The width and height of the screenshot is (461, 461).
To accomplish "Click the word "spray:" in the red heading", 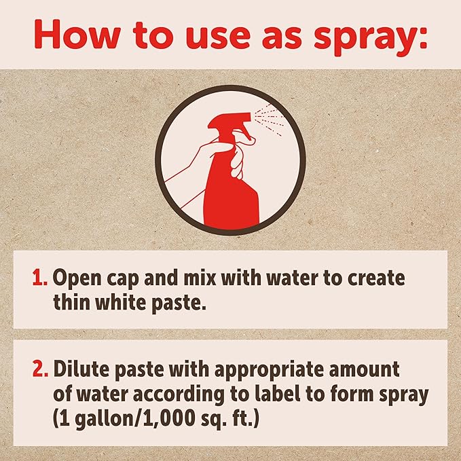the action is pyautogui.click(x=370, y=37).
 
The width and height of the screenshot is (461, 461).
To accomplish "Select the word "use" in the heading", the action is pyautogui.click(x=219, y=37).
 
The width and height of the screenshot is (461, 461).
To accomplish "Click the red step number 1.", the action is pyautogui.click(x=39, y=277).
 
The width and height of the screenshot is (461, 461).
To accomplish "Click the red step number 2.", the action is pyautogui.click(x=40, y=369).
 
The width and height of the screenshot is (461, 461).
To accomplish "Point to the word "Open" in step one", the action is pyautogui.click(x=77, y=278).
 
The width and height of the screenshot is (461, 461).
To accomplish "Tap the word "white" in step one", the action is pyautogui.click(x=121, y=302).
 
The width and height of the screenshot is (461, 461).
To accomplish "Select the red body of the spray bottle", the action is pyautogui.click(x=232, y=194).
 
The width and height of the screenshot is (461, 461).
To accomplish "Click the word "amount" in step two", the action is pyautogui.click(x=364, y=369).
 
